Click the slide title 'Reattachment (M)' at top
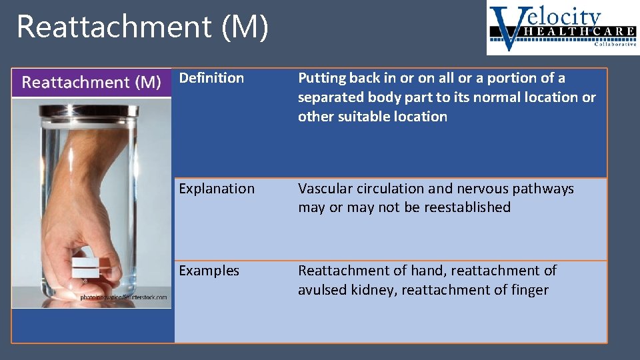[x=142, y=27]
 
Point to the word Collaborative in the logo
[x=613, y=45]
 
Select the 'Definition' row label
[x=211, y=78]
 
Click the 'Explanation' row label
[x=217, y=189]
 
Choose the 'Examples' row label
[x=209, y=271]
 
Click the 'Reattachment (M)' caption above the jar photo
[x=91, y=83]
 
